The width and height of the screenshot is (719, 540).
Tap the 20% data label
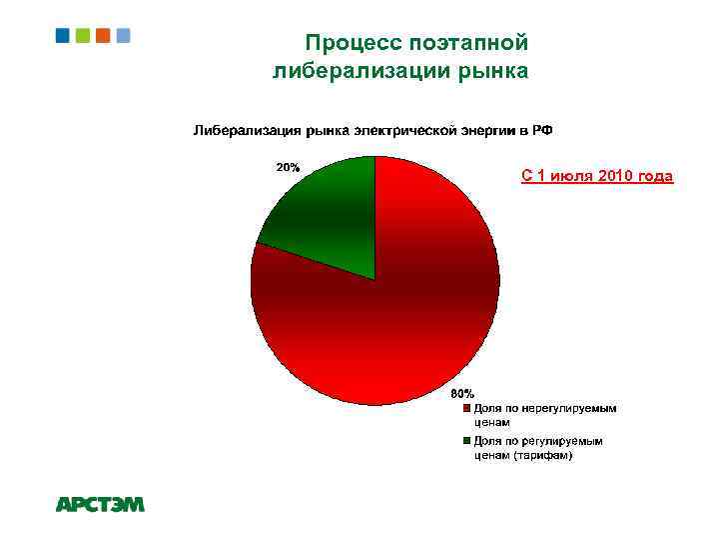[x=289, y=167]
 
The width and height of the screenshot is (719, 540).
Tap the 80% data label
[x=462, y=393]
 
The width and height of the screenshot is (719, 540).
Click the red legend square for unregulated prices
[x=466, y=408]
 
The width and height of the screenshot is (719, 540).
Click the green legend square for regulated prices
[x=466, y=440]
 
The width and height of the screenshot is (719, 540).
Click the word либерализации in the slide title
[x=363, y=71]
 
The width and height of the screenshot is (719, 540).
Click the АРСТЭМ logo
[x=100, y=505]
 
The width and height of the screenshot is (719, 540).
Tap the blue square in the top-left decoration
[x=63, y=35]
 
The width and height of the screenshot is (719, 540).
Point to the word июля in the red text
[x=568, y=177]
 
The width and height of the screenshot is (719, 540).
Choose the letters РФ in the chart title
[x=542, y=131]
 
